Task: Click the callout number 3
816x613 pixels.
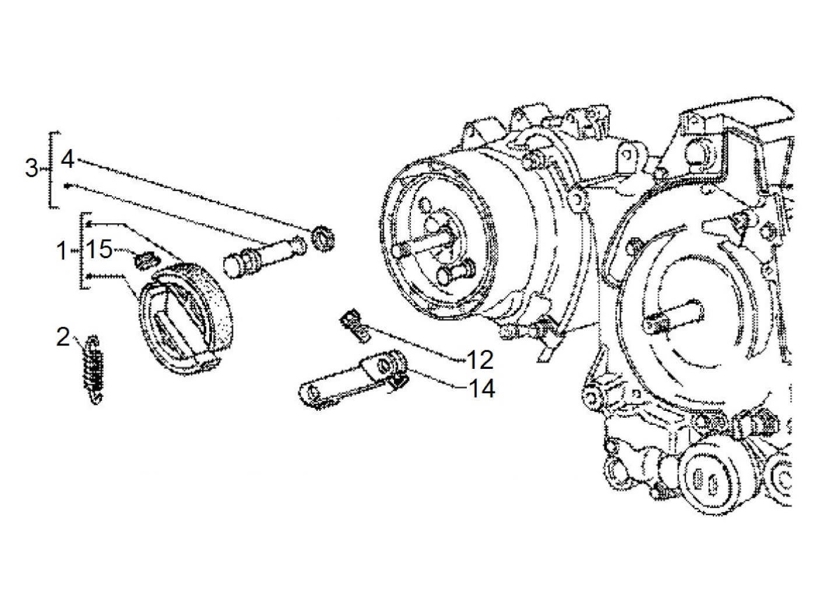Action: coord(31,168)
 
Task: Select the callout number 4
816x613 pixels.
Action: coord(67,160)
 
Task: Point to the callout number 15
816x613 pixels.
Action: coord(99,249)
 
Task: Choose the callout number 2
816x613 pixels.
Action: coord(63,337)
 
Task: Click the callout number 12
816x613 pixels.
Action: coord(480,360)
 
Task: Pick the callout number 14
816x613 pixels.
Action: coord(482,389)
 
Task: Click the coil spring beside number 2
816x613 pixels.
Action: coord(93,369)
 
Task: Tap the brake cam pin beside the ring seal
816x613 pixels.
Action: coord(265,255)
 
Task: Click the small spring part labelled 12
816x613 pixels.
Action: coord(355,325)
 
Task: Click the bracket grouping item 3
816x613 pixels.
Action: coord(53,170)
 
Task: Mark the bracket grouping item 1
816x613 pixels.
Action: coord(85,251)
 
